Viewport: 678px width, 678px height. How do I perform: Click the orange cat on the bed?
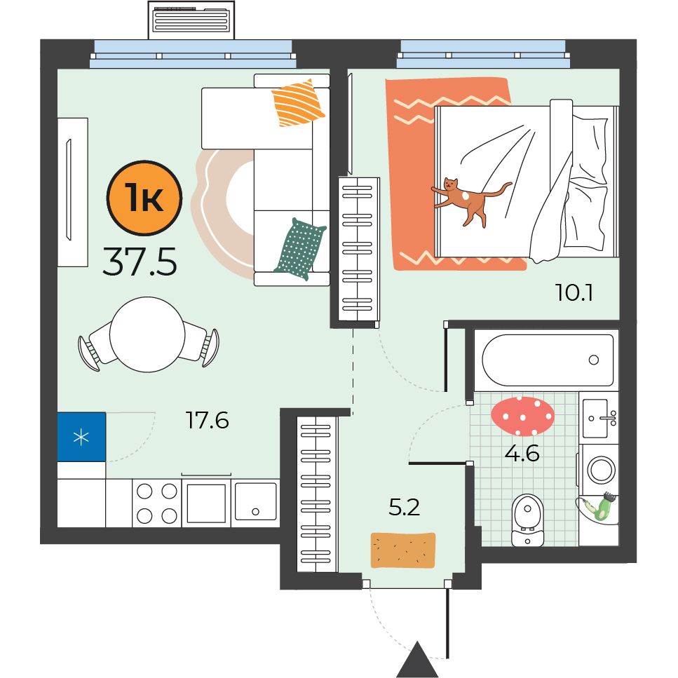(x=467, y=201)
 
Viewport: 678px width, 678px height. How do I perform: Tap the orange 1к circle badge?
(x=144, y=198)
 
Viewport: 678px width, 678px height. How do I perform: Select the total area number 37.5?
(x=140, y=262)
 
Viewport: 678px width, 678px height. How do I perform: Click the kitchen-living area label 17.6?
(x=207, y=420)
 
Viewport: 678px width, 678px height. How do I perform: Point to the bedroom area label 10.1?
(x=574, y=292)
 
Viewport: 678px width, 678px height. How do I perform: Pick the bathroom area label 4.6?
(x=522, y=454)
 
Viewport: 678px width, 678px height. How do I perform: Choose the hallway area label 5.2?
(x=405, y=507)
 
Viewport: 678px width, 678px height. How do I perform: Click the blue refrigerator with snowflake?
(x=81, y=437)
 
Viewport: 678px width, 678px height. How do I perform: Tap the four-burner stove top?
(x=156, y=503)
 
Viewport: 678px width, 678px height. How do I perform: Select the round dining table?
(x=147, y=334)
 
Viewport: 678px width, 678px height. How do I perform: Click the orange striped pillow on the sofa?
(x=297, y=103)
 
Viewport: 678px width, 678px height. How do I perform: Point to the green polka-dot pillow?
(x=300, y=249)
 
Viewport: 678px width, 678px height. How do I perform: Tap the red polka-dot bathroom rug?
(x=522, y=416)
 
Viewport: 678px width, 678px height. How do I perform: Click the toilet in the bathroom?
(x=527, y=520)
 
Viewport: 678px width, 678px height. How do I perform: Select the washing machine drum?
(x=601, y=470)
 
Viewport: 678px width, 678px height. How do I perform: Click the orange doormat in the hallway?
(x=403, y=550)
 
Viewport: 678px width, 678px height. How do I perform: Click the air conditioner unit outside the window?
(x=191, y=20)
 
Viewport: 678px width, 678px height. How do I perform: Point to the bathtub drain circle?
(x=594, y=359)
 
